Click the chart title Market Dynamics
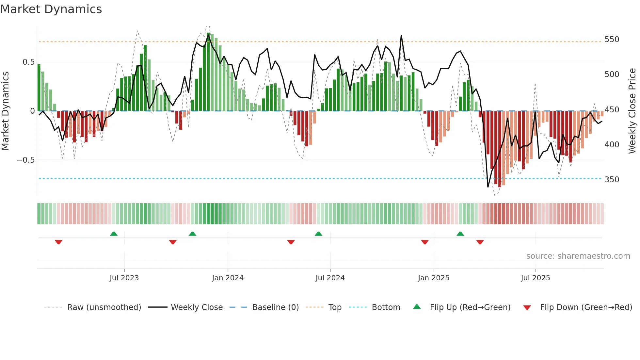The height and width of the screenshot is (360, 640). pyautogui.click(x=51, y=9)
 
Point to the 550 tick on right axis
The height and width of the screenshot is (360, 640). pyautogui.click(x=612, y=40)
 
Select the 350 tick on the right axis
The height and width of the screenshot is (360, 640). pyautogui.click(x=612, y=179)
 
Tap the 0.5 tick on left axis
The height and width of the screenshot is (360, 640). pyautogui.click(x=28, y=62)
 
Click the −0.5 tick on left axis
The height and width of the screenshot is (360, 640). pyautogui.click(x=25, y=160)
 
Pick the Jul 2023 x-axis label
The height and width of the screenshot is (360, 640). pyautogui.click(x=124, y=278)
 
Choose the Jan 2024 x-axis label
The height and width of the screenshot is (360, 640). pyautogui.click(x=228, y=278)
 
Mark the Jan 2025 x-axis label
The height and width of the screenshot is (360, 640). pyautogui.click(x=434, y=278)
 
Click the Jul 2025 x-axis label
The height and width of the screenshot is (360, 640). pyautogui.click(x=536, y=278)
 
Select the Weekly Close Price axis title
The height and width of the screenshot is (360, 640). pyautogui.click(x=632, y=111)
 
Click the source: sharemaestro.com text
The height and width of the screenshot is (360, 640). pyautogui.click(x=578, y=256)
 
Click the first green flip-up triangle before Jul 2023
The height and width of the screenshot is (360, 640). pyautogui.click(x=114, y=234)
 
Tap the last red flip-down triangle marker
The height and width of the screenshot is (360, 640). pyautogui.click(x=480, y=242)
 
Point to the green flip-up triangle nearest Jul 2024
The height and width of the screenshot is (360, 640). pyautogui.click(x=318, y=234)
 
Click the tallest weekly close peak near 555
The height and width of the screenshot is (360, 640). pyautogui.click(x=401, y=36)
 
